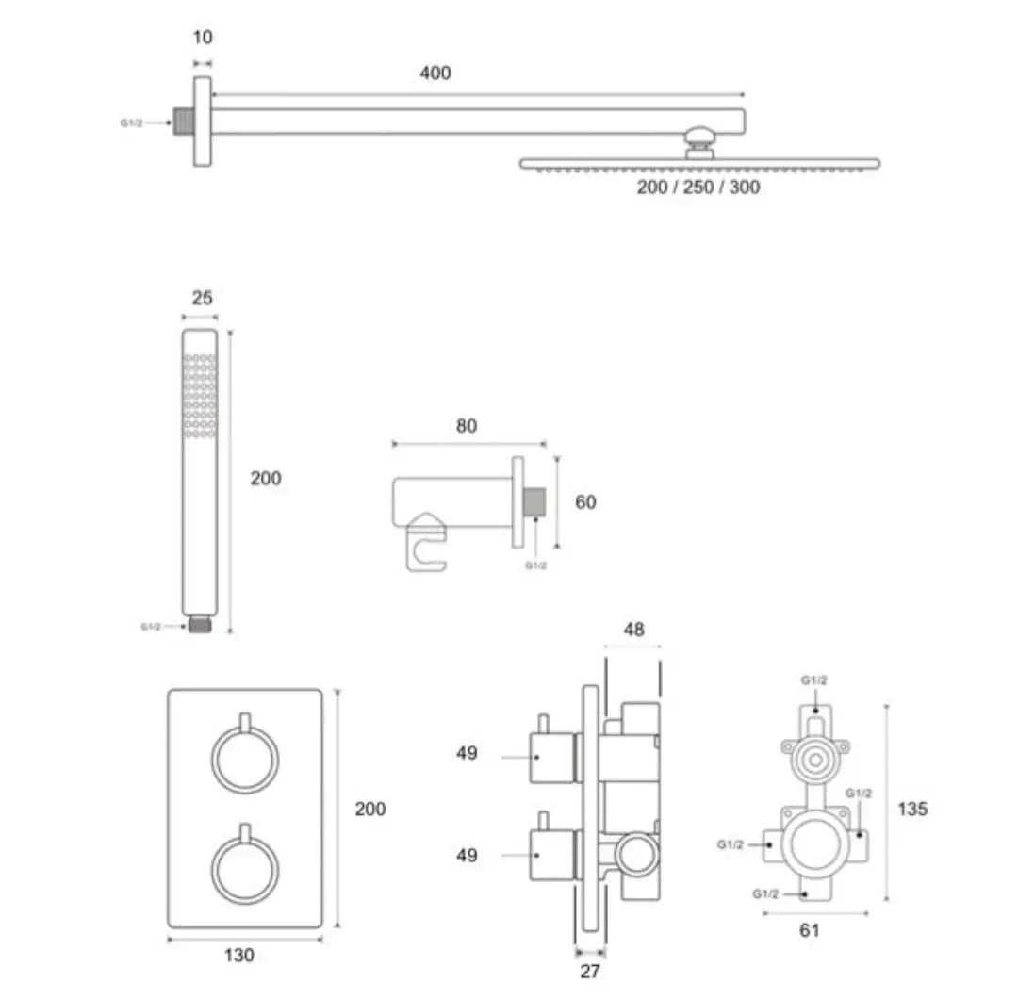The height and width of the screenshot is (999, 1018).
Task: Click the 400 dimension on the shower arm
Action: [435, 73]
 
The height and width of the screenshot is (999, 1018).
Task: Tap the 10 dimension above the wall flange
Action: [203, 38]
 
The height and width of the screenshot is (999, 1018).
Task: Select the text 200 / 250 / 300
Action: [698, 187]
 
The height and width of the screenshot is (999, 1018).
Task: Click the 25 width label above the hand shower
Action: [202, 298]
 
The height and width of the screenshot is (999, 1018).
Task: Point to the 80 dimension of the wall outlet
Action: [467, 426]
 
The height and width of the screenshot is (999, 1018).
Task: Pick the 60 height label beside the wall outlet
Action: [585, 501]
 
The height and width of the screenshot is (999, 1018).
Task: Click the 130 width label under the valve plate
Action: [238, 955]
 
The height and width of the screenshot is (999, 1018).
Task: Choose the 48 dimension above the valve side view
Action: [633, 629]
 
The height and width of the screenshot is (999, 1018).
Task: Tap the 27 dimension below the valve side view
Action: [589, 971]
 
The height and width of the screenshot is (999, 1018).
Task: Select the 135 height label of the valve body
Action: [912, 809]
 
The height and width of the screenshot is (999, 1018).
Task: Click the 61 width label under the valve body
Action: [809, 930]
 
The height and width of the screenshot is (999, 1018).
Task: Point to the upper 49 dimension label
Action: [467, 753]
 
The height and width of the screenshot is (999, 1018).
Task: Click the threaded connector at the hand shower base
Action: [199, 625]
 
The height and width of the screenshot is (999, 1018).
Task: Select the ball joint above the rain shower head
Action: [699, 138]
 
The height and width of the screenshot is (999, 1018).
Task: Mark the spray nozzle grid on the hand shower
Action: [200, 395]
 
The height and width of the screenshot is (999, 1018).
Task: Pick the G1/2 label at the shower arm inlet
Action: [131, 123]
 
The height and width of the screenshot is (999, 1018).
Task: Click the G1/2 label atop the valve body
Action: [814, 680]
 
